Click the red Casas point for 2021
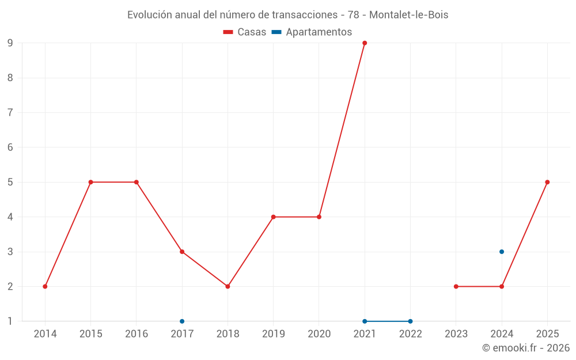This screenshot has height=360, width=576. pos(365,43)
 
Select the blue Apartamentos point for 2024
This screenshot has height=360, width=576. pos(502,252)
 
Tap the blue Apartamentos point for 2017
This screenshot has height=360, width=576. pos(182,321)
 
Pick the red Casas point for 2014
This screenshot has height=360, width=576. pos(45,286)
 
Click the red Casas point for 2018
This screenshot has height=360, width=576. pos(228,286)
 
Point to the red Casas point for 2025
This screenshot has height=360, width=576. pos(547,182)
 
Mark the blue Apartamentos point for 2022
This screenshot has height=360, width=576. pos(410,321)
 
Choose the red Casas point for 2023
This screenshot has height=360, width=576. pos(456,286)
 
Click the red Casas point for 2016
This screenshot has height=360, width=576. pos(137,182)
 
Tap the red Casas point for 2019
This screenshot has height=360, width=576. pos(273,217)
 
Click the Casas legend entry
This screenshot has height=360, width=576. pos(245,32)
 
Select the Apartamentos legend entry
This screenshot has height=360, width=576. pos(312,32)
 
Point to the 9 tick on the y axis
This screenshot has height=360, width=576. pos(10,43)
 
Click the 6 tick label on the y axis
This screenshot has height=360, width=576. pos(10,147)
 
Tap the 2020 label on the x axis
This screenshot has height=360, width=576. pos(319,334)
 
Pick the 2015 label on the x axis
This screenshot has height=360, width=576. pos(91,334)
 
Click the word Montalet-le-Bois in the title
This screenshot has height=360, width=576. pos(409,15)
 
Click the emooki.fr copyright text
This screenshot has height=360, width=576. pos(526,347)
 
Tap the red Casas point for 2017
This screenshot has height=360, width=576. pos(182,252)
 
